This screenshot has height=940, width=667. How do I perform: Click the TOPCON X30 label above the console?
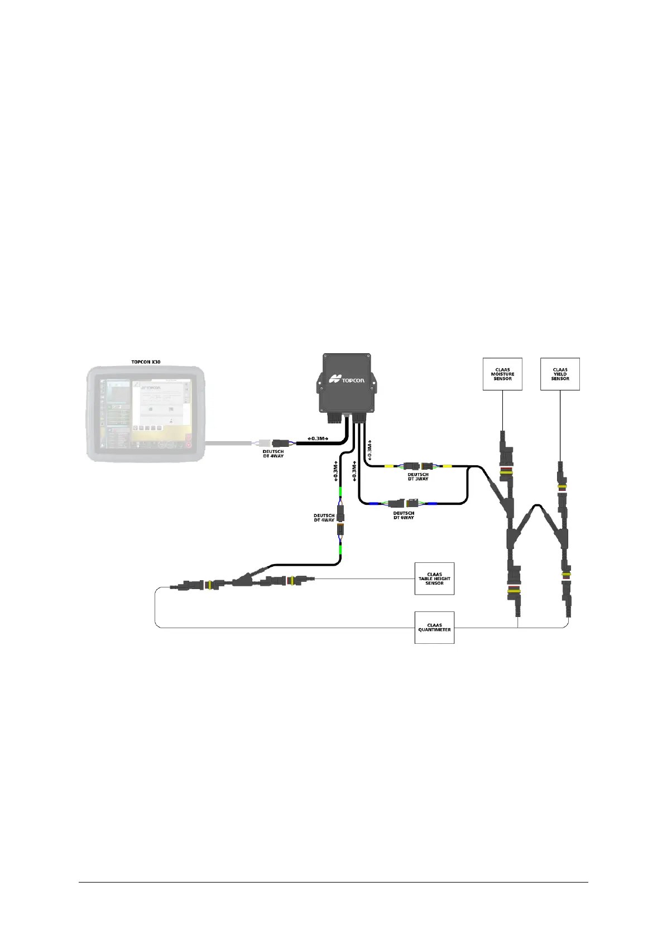click(x=146, y=362)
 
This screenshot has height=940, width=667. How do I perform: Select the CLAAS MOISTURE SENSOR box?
click(x=502, y=374)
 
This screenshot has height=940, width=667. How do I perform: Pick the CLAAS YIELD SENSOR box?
click(x=560, y=374)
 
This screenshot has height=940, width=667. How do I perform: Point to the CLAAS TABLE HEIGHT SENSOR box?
click(x=434, y=579)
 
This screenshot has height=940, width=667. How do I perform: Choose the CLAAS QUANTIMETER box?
click(x=434, y=628)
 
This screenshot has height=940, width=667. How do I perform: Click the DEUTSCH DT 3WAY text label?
click(x=418, y=477)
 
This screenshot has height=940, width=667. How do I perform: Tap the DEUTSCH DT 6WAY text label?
click(x=404, y=515)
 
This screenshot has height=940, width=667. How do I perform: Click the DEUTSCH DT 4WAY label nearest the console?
click(x=273, y=454)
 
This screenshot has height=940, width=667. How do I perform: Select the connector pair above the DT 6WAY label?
click(x=404, y=503)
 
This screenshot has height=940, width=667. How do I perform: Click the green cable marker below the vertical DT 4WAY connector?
click(x=340, y=554)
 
